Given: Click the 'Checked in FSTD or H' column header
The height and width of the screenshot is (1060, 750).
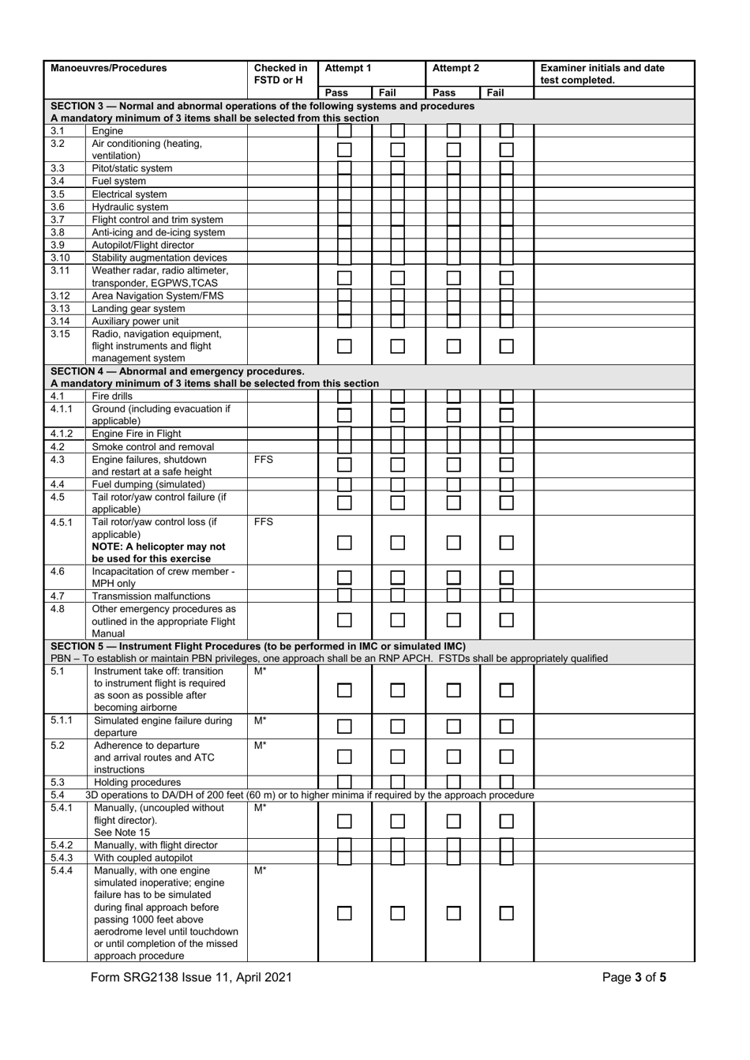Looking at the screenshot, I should (281, 73).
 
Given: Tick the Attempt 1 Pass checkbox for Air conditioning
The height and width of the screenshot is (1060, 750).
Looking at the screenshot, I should (344, 149).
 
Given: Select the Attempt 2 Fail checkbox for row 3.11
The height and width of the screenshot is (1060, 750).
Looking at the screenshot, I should (506, 277).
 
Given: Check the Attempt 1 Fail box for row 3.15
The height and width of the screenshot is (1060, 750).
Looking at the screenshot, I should (398, 347).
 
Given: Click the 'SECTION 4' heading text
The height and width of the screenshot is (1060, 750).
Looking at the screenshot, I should (178, 371).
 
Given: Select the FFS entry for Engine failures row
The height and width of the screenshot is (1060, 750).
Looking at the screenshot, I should (264, 460).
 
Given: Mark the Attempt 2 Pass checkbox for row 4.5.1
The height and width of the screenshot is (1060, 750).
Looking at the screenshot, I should (453, 543).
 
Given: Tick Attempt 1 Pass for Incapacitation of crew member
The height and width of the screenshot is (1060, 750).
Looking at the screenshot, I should (344, 577).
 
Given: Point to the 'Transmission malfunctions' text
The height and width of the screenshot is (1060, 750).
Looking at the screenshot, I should (152, 596).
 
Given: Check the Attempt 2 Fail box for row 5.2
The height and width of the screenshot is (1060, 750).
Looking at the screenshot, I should (506, 757).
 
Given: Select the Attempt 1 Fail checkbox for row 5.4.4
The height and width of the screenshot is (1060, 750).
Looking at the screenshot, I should (398, 913).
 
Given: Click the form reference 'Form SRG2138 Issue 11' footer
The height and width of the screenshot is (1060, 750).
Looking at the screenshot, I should (191, 977).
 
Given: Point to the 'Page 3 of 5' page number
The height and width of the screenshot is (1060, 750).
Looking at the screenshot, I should (634, 977).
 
